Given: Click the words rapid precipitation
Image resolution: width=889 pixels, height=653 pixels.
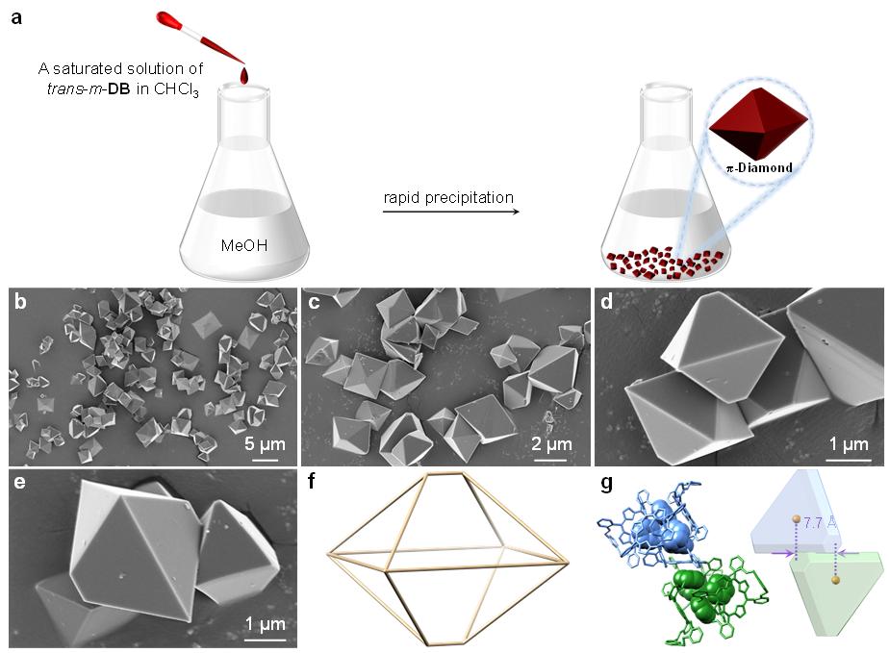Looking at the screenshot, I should pos(447,198).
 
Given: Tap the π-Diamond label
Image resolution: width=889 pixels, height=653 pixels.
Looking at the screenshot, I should pos(759,167).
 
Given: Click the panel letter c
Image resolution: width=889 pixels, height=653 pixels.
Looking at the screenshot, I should pos(314,304).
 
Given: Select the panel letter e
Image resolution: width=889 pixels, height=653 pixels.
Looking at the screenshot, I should pos(19,482).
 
